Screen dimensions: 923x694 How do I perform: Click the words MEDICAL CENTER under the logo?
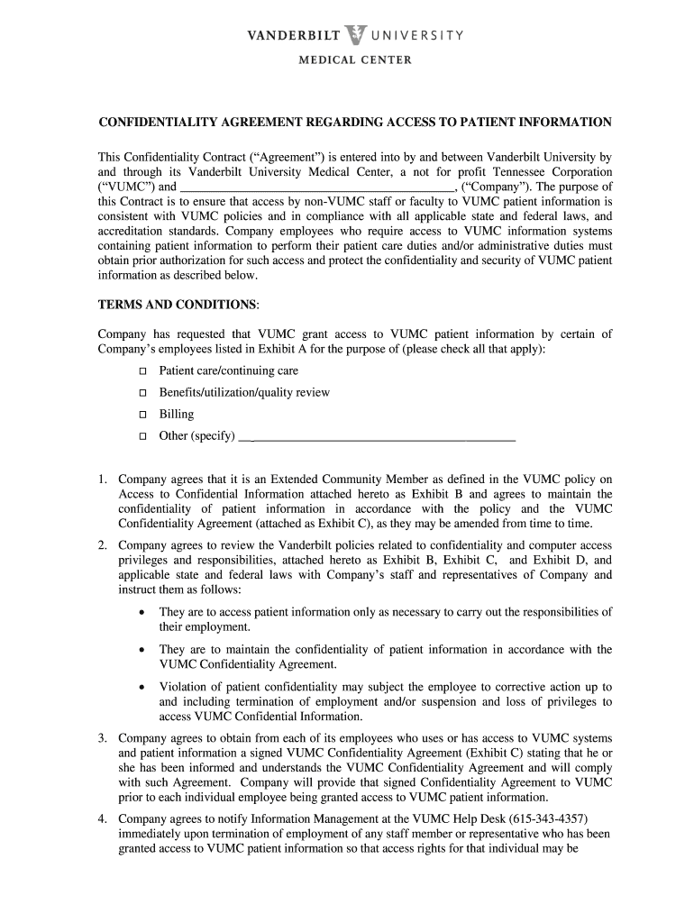[355, 60]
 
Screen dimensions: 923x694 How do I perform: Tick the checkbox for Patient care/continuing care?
[142, 371]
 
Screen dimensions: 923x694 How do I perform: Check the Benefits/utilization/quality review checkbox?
[142, 393]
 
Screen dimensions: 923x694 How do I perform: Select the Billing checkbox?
[142, 415]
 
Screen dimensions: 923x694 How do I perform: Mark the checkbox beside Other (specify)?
[142, 436]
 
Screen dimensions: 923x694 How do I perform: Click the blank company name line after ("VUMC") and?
[313, 187]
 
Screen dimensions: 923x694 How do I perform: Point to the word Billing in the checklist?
[176, 415]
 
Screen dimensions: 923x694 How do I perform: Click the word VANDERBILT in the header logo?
[294, 36]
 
